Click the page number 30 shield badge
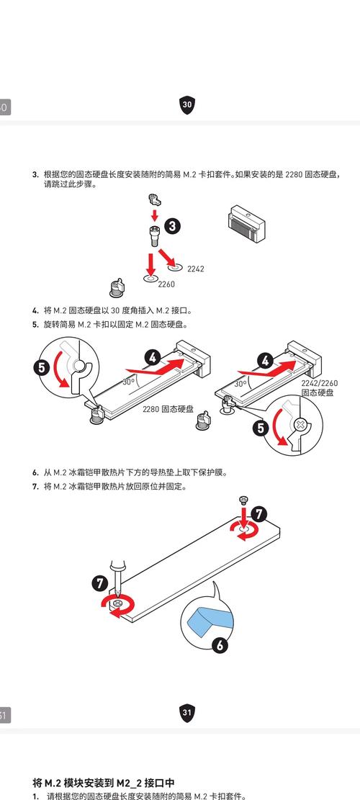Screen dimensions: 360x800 [x=187, y=104]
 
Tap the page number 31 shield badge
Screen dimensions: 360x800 [x=187, y=713]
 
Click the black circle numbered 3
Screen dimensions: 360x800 [x=174, y=226]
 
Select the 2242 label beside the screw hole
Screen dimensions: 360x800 [x=195, y=269]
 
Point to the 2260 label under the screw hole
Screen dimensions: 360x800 [x=166, y=284]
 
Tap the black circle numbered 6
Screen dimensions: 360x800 [x=220, y=645]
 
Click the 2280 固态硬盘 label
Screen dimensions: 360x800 [x=168, y=409]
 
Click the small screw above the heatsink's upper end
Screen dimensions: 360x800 [x=243, y=499]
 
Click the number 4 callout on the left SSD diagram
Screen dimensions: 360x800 [x=153, y=358]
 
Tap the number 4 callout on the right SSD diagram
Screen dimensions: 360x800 [x=265, y=361]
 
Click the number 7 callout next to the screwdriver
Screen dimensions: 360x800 [x=99, y=584]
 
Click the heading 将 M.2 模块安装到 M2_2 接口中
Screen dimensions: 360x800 [x=104, y=783]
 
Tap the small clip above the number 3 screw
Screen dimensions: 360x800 [x=154, y=198]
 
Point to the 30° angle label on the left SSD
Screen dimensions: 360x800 [x=128, y=381]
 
